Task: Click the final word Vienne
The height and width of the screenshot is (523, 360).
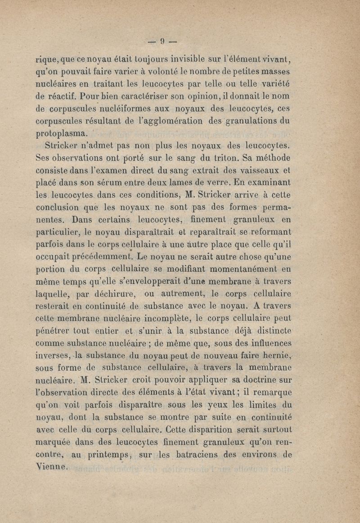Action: (x=51, y=467)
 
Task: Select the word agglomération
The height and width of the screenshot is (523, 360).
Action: (x=165, y=122)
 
